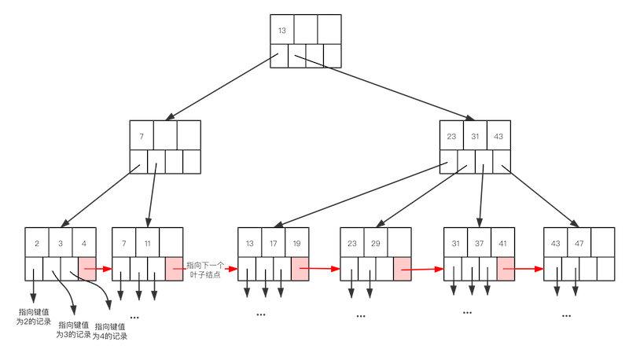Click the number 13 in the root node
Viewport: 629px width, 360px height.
click(282, 30)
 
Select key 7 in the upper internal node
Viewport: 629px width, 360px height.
click(142, 136)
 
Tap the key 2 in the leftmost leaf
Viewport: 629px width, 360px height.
click(37, 242)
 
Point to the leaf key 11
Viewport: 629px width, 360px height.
click(147, 242)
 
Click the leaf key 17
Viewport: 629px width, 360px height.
click(273, 242)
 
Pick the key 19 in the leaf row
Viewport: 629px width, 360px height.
click(296, 242)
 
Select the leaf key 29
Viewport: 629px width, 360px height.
click(375, 242)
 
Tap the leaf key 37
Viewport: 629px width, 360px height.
click(479, 242)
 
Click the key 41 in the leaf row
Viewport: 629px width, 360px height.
click(502, 242)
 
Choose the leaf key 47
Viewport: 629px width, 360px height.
click(579, 242)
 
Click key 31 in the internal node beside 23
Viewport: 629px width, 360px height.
click(475, 136)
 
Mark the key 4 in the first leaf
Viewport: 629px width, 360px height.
click(83, 242)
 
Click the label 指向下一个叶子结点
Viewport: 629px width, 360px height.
click(204, 269)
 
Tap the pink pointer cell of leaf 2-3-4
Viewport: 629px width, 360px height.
click(86, 268)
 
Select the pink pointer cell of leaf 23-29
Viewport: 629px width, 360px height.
click(402, 268)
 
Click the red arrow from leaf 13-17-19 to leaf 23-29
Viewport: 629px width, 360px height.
click(324, 268)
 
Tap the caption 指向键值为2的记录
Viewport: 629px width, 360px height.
click(34, 316)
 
